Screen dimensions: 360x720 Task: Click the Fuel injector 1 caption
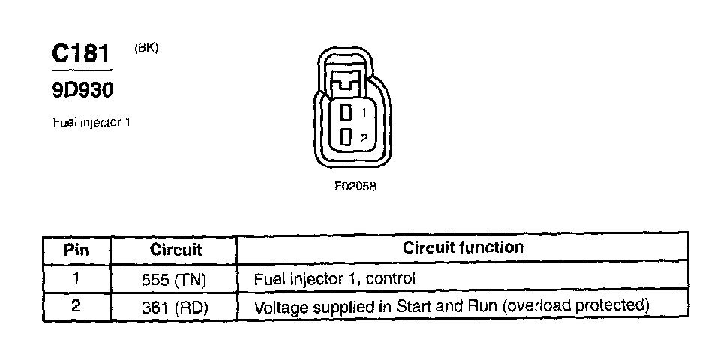coord(91,121)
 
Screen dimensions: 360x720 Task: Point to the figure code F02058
coord(355,187)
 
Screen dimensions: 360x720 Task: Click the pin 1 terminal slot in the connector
coord(346,112)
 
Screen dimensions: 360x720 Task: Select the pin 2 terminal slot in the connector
coord(346,137)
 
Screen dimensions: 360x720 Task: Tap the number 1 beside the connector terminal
coord(363,112)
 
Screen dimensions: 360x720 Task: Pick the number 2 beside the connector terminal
coord(363,138)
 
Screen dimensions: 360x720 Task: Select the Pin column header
coord(76,249)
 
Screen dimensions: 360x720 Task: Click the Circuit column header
coord(175,249)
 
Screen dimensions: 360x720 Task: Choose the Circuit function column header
coord(463,247)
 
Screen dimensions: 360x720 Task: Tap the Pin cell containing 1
coord(76,277)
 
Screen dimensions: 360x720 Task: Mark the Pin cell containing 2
coord(76,306)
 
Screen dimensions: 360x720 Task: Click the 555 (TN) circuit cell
coord(175,279)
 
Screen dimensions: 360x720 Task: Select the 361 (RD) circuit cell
coord(175,307)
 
